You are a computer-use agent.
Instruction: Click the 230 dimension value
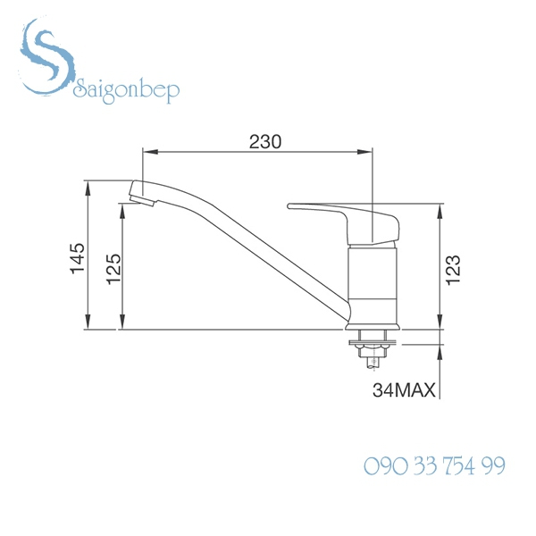coord(265,141)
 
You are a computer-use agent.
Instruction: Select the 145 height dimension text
coord(78,258)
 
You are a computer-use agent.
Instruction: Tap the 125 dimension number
coord(113,268)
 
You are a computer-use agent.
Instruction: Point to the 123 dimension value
coord(453,269)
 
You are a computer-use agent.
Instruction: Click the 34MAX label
coord(404,390)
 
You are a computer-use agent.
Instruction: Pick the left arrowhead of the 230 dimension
coord(148,153)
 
